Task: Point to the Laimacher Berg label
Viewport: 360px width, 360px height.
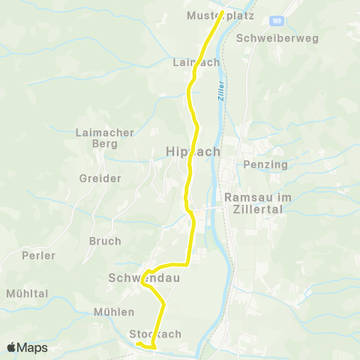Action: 105,138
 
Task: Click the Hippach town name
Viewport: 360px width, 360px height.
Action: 192,151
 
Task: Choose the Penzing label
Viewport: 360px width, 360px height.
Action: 261,163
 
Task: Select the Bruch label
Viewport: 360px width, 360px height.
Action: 105,241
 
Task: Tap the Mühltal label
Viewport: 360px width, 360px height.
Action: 26,293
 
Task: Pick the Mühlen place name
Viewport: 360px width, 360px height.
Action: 114,311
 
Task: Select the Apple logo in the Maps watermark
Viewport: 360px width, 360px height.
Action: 11,348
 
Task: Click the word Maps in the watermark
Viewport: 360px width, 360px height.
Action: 32,348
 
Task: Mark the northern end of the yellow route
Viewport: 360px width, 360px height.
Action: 222,12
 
